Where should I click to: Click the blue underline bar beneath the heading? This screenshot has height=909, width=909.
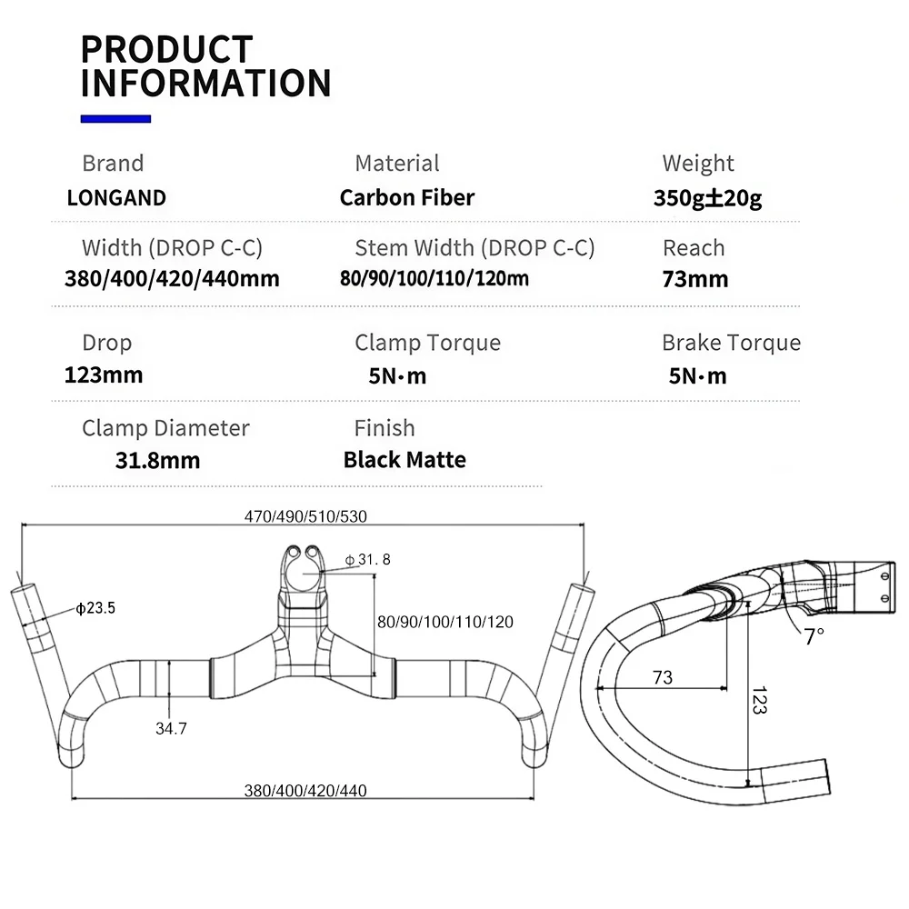click(115, 119)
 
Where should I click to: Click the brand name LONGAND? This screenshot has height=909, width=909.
click(116, 197)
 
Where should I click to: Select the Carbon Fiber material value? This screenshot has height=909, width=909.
click(407, 197)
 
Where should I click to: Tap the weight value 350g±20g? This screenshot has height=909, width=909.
click(707, 197)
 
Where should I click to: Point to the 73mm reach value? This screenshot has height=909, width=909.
click(695, 279)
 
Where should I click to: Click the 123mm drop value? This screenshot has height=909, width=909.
click(104, 375)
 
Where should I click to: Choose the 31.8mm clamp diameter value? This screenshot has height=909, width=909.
click(157, 460)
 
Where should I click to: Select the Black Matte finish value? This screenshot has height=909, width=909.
click(405, 460)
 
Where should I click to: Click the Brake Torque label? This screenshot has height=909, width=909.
click(731, 343)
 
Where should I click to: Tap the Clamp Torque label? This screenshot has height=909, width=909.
click(428, 343)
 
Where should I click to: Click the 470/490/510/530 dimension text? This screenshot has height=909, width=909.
click(305, 516)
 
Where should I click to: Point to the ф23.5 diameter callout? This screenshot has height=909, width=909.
click(95, 607)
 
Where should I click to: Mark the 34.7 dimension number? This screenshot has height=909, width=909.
click(171, 728)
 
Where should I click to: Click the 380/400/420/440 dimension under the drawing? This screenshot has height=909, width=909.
click(305, 790)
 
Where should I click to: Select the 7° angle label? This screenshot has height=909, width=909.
click(814, 636)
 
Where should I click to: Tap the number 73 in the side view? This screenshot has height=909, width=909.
click(663, 676)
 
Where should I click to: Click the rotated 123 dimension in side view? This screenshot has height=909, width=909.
click(759, 700)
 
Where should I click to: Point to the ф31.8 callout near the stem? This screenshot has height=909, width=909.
click(367, 559)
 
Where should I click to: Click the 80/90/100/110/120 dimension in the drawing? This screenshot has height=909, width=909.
click(445, 622)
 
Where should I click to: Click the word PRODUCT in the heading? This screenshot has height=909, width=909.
click(167, 49)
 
